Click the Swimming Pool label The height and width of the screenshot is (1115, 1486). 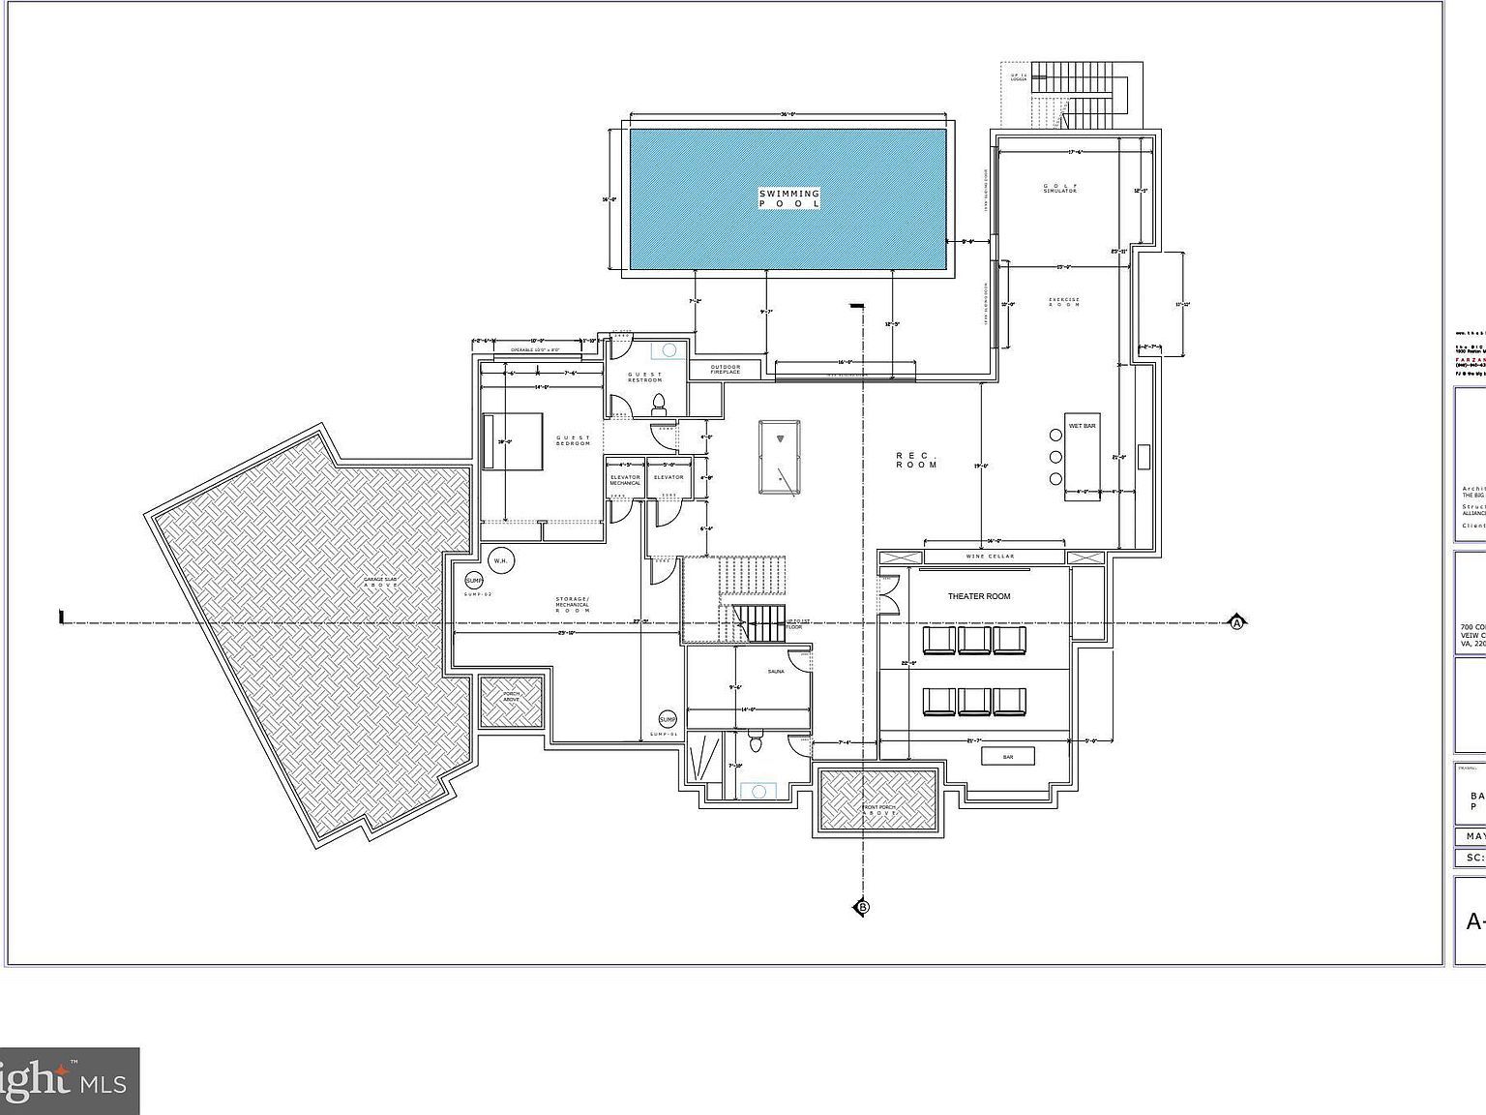tap(789, 198)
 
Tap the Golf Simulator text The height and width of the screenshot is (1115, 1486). tap(1059, 188)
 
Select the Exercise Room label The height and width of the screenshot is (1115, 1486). tap(1063, 301)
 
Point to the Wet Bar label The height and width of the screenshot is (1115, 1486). tap(1082, 426)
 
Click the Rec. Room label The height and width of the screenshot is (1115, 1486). tap(916, 460)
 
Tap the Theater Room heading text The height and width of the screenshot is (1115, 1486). tap(979, 596)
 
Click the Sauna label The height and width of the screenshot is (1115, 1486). tap(776, 671)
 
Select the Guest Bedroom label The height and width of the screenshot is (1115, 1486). tap(573, 440)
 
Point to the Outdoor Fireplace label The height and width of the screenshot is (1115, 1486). tap(725, 369)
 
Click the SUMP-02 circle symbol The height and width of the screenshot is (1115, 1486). tap(474, 581)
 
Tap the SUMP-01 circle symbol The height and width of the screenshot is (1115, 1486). tap(668, 719)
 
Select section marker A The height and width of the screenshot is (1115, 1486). tap(1236, 621)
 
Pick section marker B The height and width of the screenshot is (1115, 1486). tap(862, 907)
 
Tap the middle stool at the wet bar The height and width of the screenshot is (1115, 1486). tap(1055, 457)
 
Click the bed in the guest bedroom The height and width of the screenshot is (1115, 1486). tap(514, 441)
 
